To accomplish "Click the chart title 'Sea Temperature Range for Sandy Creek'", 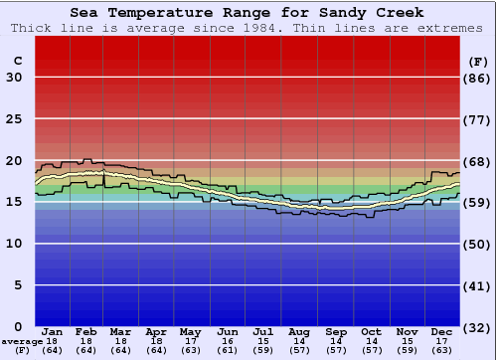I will pos(248,12).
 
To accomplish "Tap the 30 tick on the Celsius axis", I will pos(15,78).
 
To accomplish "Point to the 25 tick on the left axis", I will pos(15,119).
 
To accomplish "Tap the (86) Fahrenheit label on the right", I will pos(477,78).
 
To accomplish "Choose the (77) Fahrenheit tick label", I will pos(477,119).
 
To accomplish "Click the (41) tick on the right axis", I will pos(477,285).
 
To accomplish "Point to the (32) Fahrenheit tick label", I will pos(477,326).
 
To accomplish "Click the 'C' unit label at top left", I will pos(17,61).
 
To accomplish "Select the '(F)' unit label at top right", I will pos(477,61).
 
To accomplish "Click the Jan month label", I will pos(53,330).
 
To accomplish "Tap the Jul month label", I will pos(262,330).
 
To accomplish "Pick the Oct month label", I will pos(371,330).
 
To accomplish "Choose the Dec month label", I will pos(442,330).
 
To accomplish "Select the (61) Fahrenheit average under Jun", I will pos(228,350).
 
